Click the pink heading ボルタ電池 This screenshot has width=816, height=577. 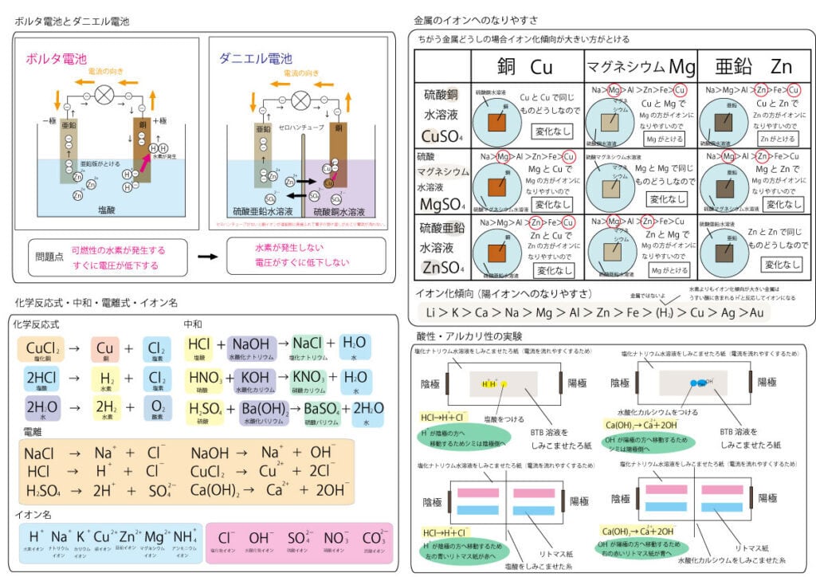coord(56,58)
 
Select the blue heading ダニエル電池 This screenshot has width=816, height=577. coord(255,58)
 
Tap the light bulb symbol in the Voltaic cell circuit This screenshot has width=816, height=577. coord(104,93)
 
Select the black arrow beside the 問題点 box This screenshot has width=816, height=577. coord(207,257)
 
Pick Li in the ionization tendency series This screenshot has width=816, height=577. coord(431,312)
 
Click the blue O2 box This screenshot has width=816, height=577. coord(158,407)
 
